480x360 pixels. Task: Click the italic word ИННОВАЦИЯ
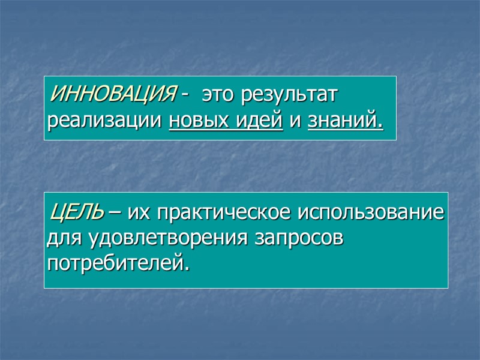(115, 94)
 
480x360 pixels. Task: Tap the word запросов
(299, 238)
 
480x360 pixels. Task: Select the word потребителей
(114, 263)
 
